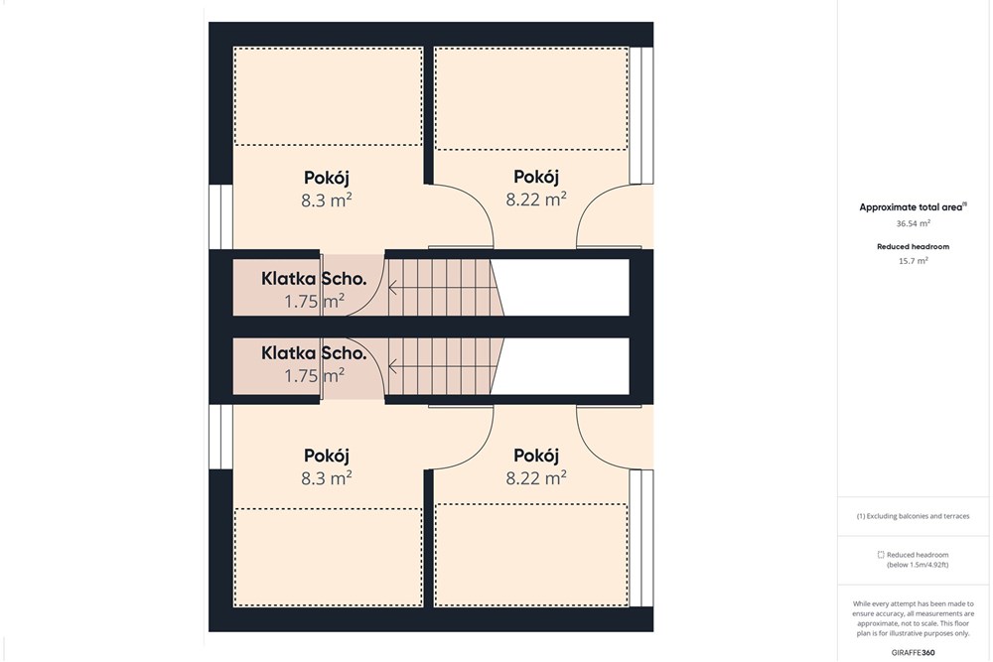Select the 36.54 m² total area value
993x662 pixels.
coord(914,223)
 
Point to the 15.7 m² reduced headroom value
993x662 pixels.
coord(914,261)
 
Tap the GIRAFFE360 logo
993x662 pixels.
coord(913,652)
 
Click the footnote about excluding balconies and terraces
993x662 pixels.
coord(913,516)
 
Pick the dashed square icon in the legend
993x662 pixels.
coord(880,555)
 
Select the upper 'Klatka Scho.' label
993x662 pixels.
coord(314,279)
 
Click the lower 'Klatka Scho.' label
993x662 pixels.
coord(314,352)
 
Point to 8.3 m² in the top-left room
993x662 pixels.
coord(326,200)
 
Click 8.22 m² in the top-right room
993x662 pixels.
coord(536,199)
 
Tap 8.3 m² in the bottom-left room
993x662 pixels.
coord(326,477)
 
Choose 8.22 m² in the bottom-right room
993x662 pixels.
coord(536,477)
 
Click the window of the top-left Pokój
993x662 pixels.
coord(221,216)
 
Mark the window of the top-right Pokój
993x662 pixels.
coord(640,115)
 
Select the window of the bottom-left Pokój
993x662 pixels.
coord(221,437)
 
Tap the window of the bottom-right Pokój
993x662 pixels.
coord(640,538)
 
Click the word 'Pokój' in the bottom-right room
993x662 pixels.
coord(536,456)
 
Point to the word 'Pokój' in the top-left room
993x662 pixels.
coord(327,178)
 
